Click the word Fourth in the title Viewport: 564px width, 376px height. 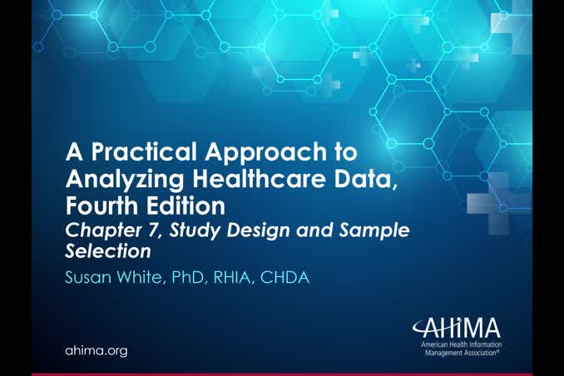point(102,204)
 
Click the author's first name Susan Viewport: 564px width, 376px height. point(91,278)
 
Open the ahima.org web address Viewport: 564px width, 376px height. point(96,351)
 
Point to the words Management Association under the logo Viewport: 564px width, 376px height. point(463,352)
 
